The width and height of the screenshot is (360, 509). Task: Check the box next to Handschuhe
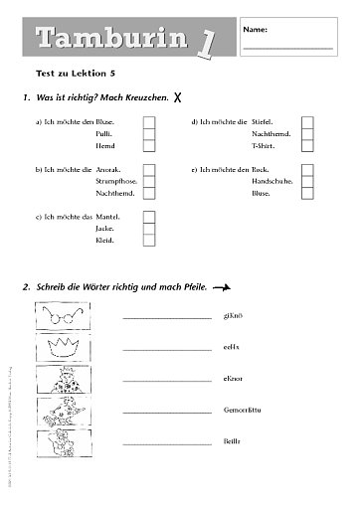307,183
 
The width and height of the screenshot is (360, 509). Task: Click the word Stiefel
265,120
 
